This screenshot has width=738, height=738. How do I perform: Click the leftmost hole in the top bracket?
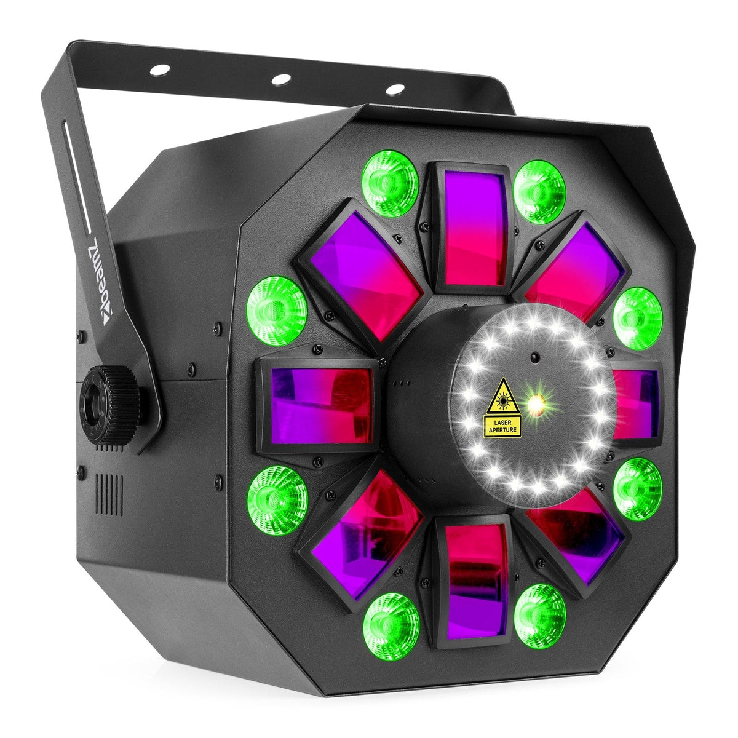(161, 69)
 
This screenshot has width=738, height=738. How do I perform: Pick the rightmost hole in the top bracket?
(395, 89)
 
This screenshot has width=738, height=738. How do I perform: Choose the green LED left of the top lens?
(389, 184)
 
